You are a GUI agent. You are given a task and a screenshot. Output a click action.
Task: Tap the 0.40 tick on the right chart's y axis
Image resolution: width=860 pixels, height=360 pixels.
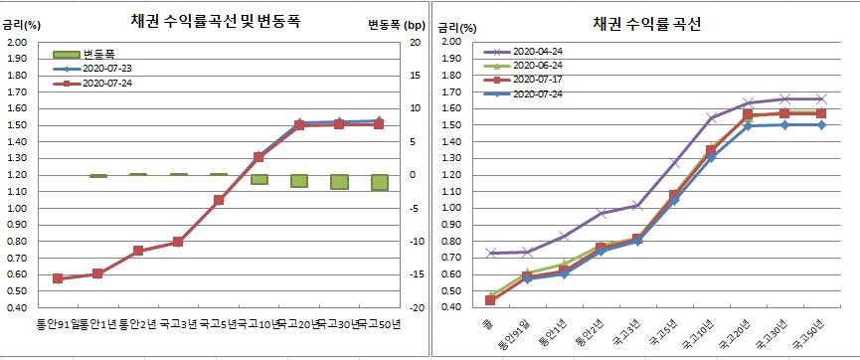[x=450, y=307]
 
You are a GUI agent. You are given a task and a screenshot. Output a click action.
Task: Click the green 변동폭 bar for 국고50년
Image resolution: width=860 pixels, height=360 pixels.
[x=380, y=182]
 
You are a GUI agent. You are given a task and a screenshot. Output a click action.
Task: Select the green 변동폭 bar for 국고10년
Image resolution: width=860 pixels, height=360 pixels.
[x=258, y=179]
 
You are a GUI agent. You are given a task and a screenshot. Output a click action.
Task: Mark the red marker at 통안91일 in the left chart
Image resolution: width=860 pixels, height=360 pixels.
[x=57, y=278]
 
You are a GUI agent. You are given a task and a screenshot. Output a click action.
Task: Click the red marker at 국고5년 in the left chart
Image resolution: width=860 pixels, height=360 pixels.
[x=219, y=200]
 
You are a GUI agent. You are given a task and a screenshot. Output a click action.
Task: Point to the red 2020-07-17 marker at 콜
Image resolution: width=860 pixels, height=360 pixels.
[x=490, y=300]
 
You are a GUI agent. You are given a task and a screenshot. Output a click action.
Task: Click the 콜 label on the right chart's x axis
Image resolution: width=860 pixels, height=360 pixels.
[x=488, y=324]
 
